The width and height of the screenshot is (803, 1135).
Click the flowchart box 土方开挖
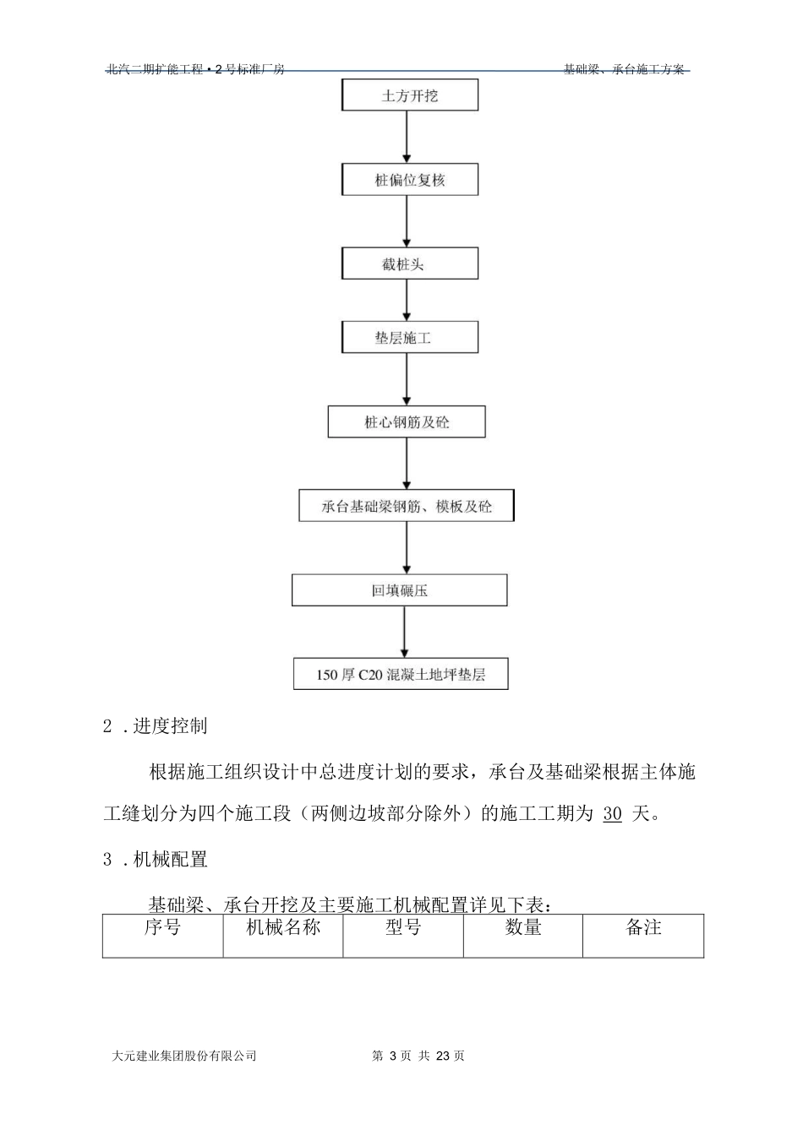click(x=410, y=95)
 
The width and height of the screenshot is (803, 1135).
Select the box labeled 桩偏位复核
click(x=410, y=180)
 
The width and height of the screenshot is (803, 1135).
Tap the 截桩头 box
click(x=410, y=263)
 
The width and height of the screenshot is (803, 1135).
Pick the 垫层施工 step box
click(x=410, y=338)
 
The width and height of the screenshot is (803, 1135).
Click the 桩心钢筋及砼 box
click(x=407, y=421)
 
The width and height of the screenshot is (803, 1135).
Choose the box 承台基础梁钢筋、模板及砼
click(x=406, y=506)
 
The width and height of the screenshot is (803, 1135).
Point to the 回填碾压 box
click(x=400, y=590)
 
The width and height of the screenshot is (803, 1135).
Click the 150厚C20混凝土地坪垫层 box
click(x=401, y=675)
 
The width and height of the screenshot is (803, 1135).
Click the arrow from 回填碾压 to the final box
click(x=405, y=632)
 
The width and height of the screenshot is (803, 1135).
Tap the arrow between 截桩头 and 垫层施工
click(x=407, y=301)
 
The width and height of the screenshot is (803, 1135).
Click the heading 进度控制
click(x=170, y=726)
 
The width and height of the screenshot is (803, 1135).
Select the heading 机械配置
click(x=170, y=860)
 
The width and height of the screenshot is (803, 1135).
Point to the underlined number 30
click(x=613, y=814)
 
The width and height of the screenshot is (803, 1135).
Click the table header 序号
click(x=162, y=927)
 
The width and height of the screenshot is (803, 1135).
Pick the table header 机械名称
click(x=283, y=927)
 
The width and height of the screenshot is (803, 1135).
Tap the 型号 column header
click(x=403, y=927)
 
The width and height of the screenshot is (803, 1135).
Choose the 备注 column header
click(x=643, y=927)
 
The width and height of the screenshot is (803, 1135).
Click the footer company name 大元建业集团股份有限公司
click(x=183, y=1056)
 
